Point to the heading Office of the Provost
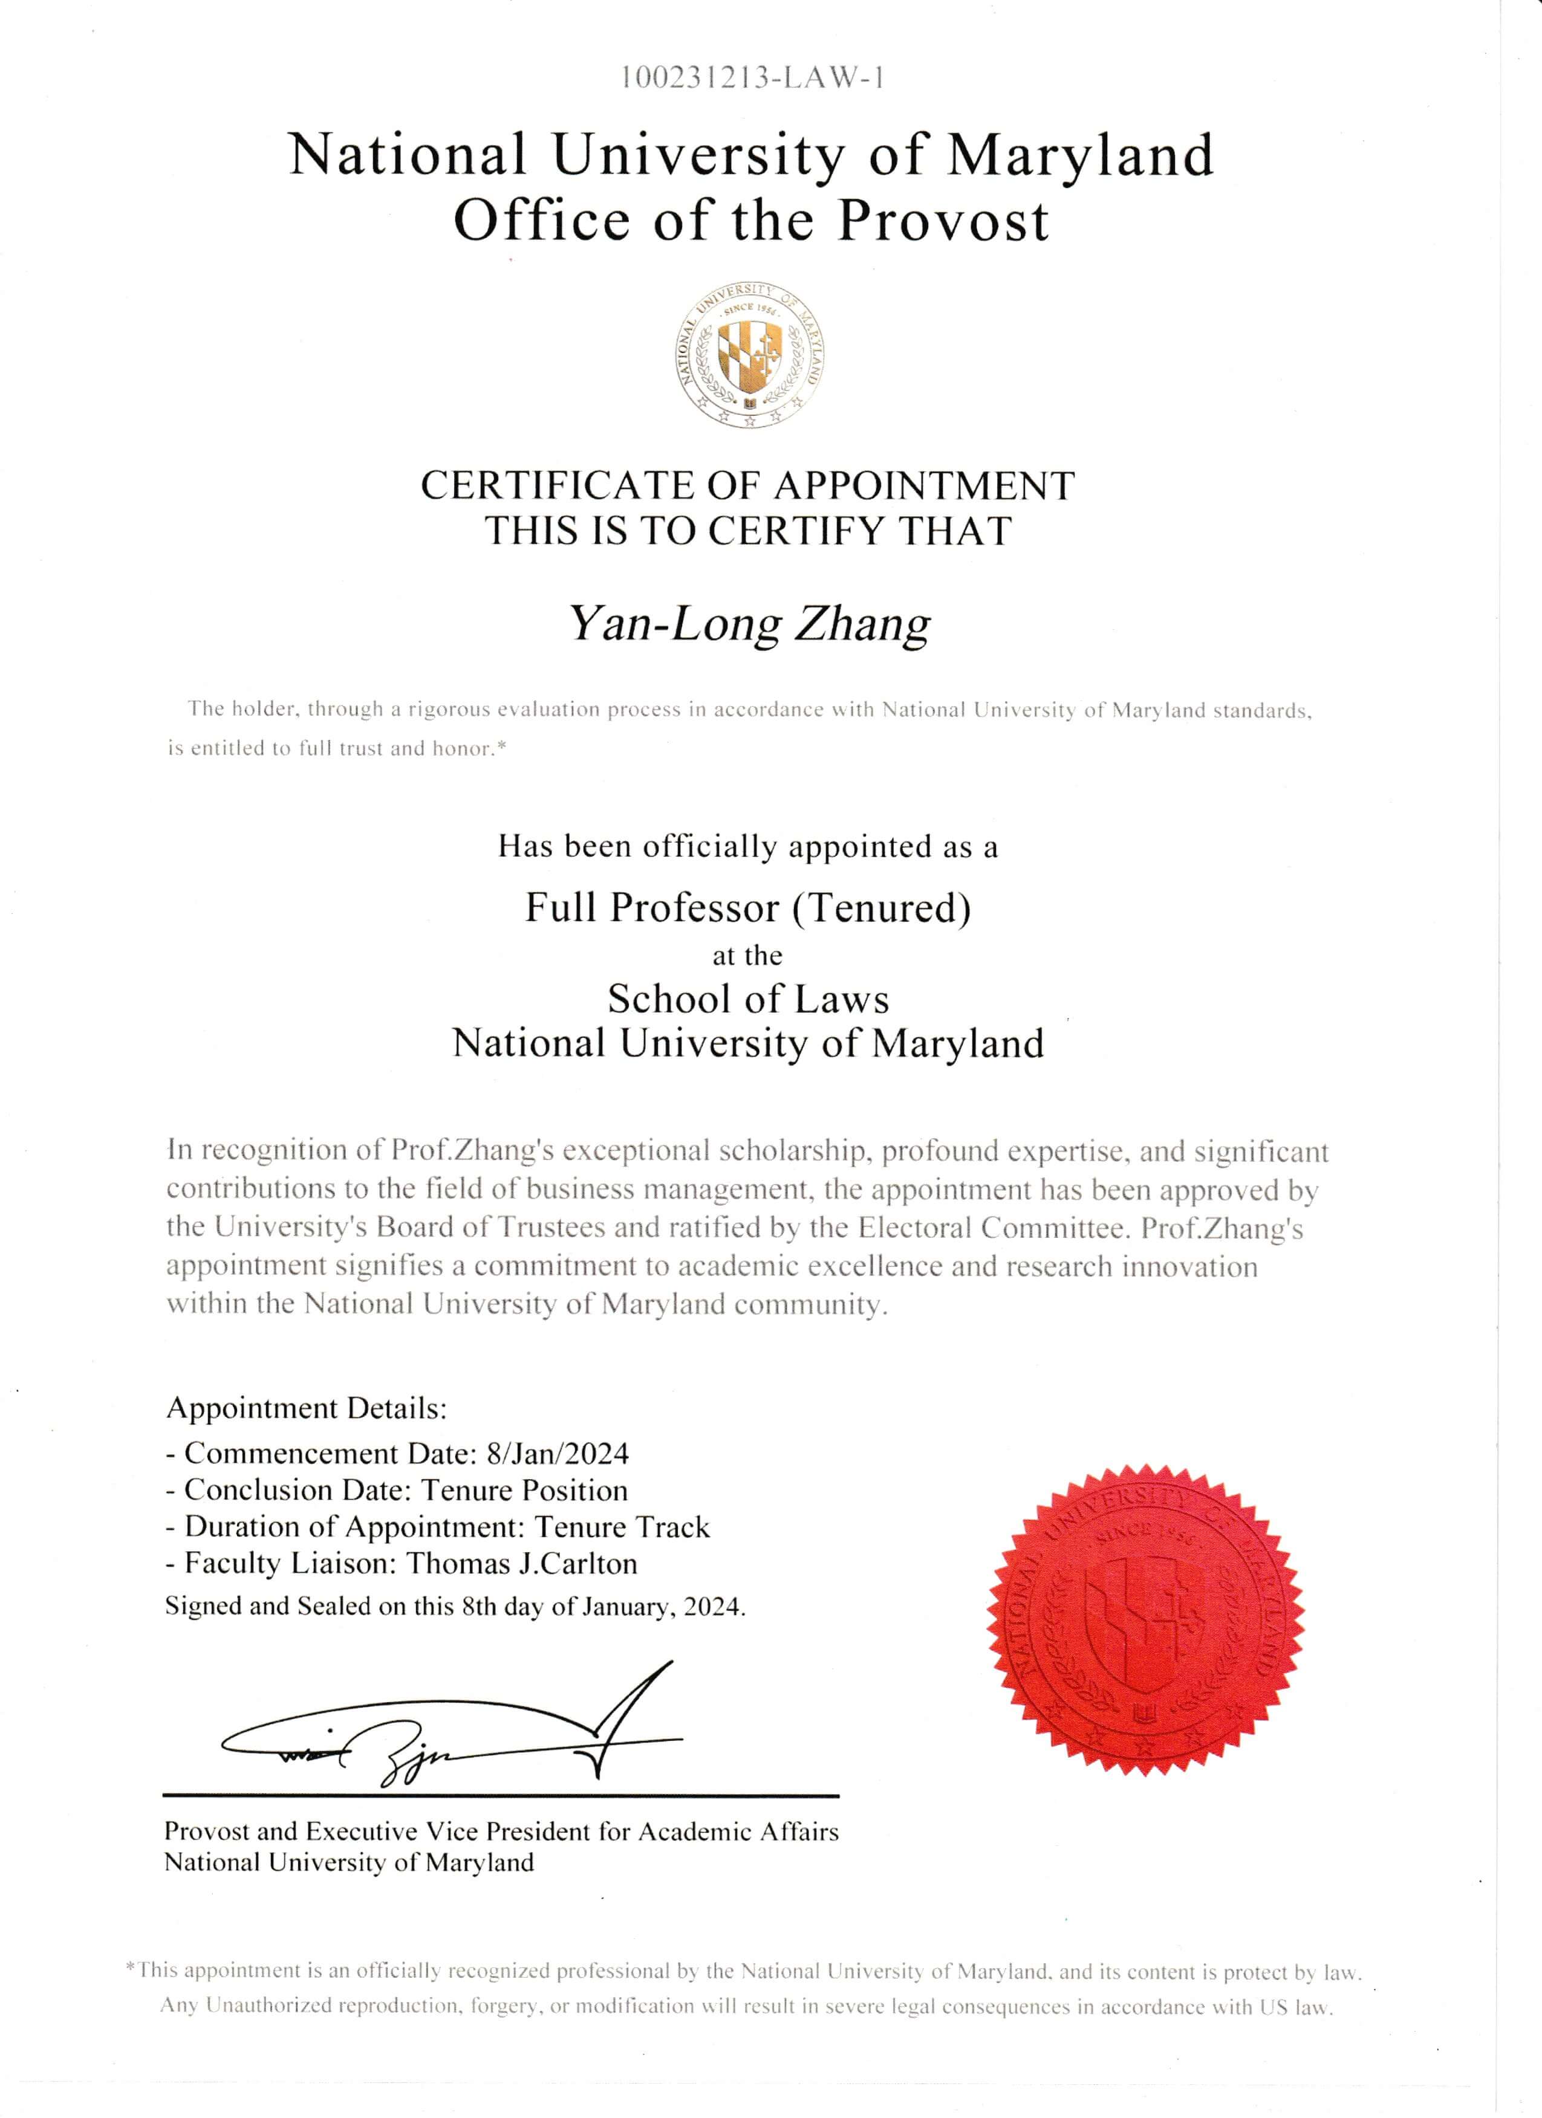point(751,221)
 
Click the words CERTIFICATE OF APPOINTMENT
point(747,485)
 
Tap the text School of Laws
point(748,999)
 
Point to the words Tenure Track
point(622,1527)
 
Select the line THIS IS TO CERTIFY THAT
point(748,531)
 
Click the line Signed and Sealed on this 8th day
point(455,1606)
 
